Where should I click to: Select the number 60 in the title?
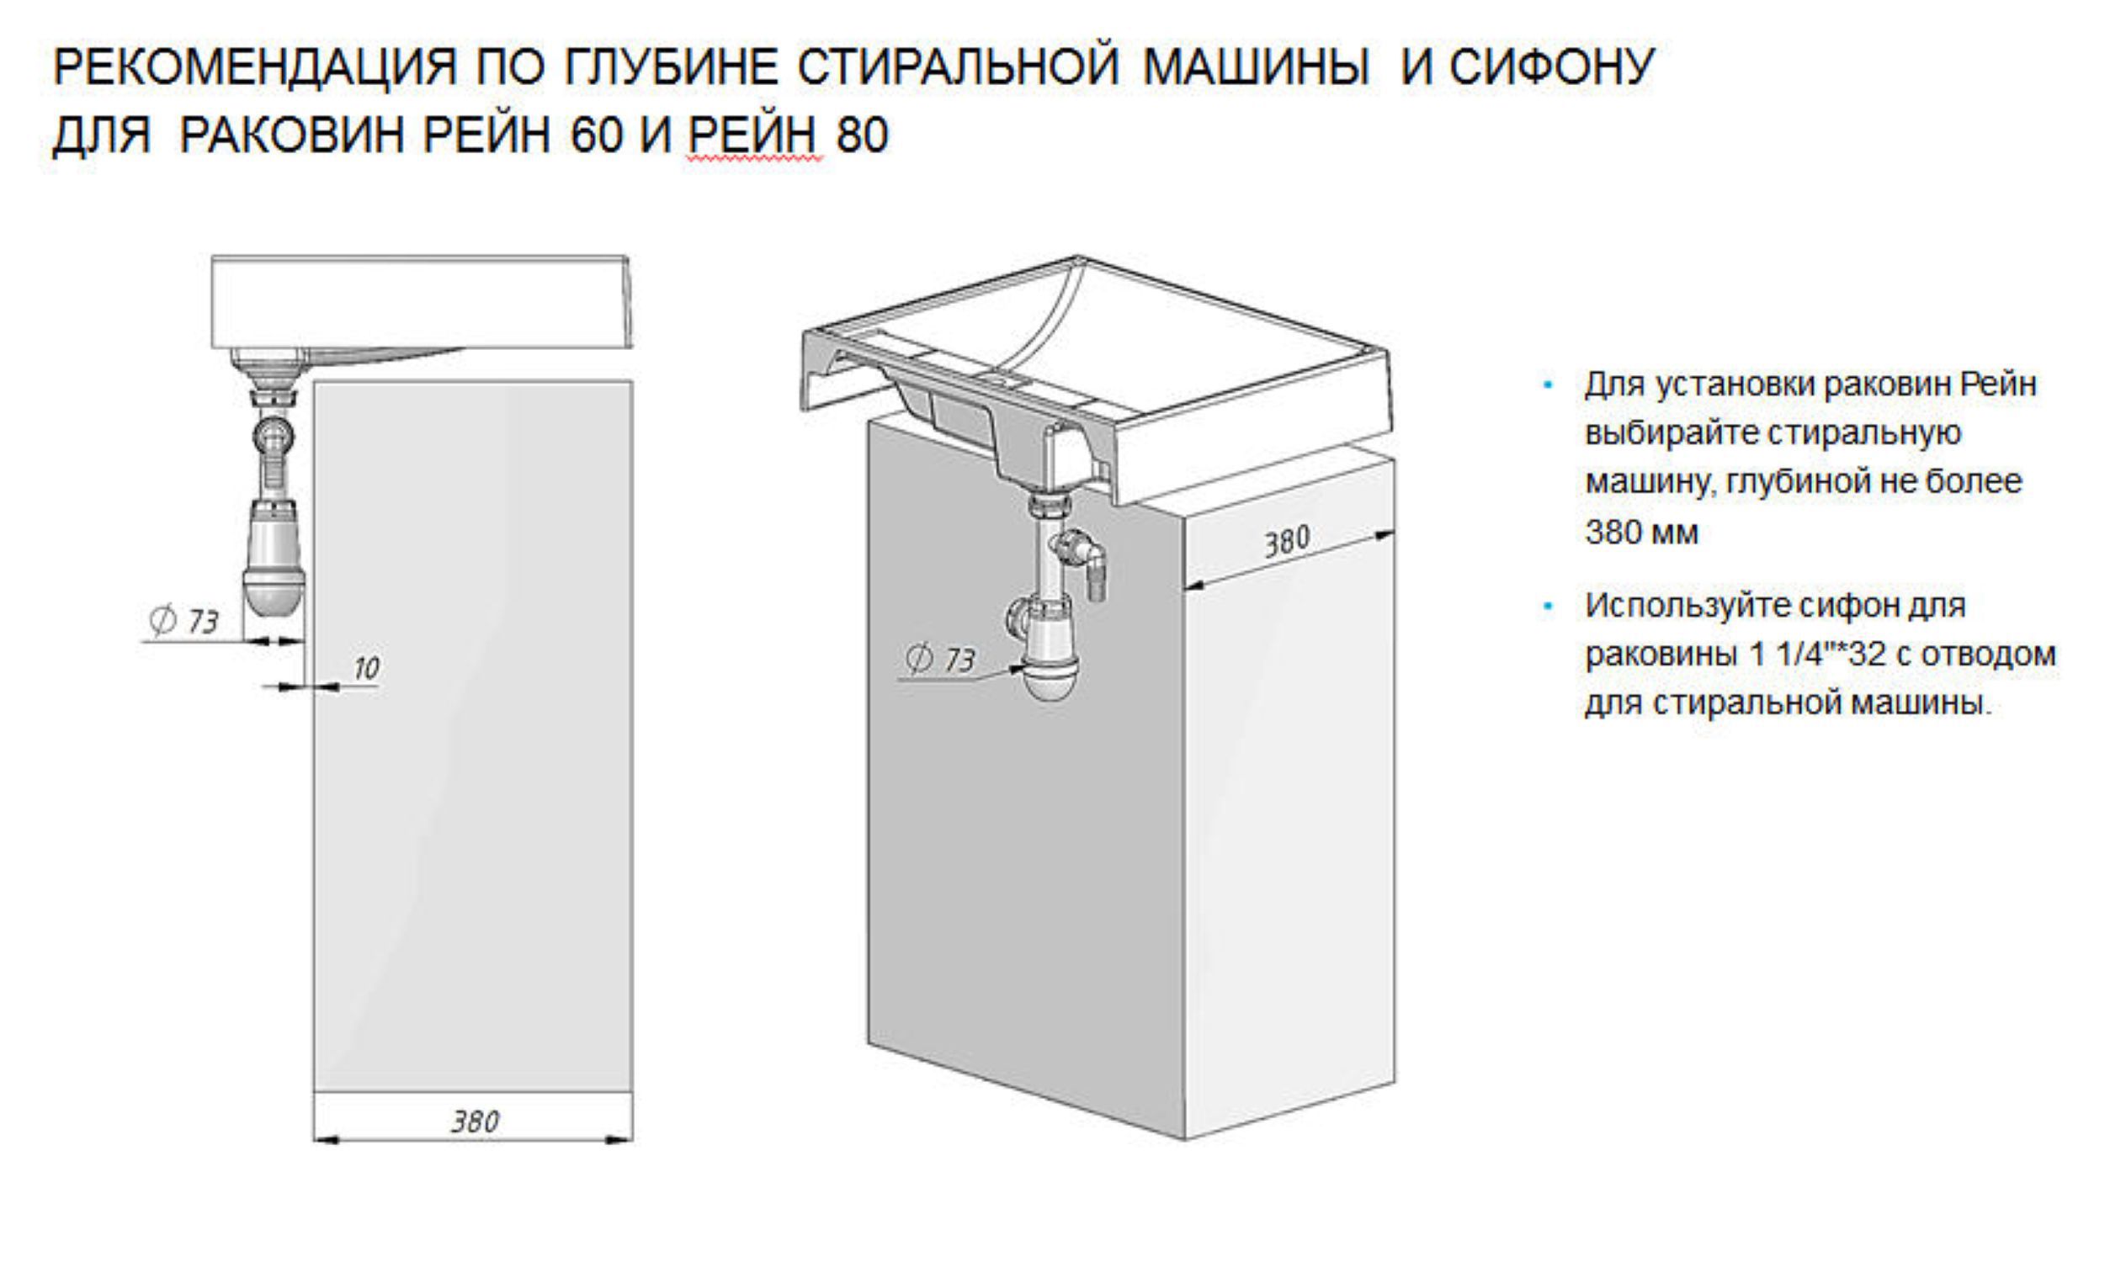click(x=597, y=135)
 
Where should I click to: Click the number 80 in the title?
click(x=862, y=135)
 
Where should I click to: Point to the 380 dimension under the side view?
click(x=475, y=1121)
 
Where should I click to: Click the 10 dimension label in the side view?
click(x=366, y=668)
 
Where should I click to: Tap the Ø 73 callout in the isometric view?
click(x=941, y=659)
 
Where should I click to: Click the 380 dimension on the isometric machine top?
click(x=1286, y=541)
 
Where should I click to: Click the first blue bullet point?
click(x=1548, y=386)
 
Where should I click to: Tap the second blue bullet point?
click(x=1548, y=607)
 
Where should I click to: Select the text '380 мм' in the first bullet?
click(x=1641, y=533)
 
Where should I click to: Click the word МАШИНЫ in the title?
click(x=1256, y=66)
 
